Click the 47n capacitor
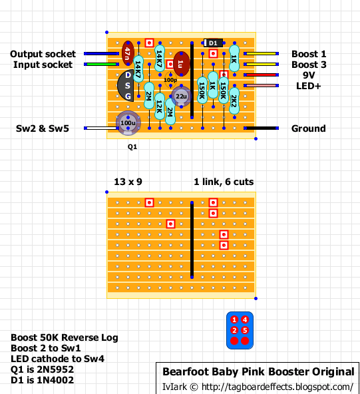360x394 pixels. tap(128, 53)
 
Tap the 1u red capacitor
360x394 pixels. tap(182, 64)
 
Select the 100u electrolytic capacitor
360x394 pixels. tap(128, 123)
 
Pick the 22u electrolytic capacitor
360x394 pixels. tap(182, 97)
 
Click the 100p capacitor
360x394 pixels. tap(170, 80)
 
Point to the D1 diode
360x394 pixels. tap(213, 43)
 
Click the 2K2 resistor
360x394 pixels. tap(234, 100)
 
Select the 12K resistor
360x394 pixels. tap(160, 106)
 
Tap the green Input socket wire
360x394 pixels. tap(102, 65)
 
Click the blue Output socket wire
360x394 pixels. tap(102, 53)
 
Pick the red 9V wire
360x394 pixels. tap(262, 75)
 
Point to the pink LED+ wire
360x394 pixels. tap(262, 86)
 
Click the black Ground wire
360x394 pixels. tap(262, 128)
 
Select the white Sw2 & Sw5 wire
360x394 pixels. tap(102, 128)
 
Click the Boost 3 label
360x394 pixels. tap(309, 65)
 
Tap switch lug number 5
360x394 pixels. tap(245, 330)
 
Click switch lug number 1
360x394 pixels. tap(234, 319)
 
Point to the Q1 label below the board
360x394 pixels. tap(132, 146)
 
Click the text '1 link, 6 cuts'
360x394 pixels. tap(224, 182)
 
